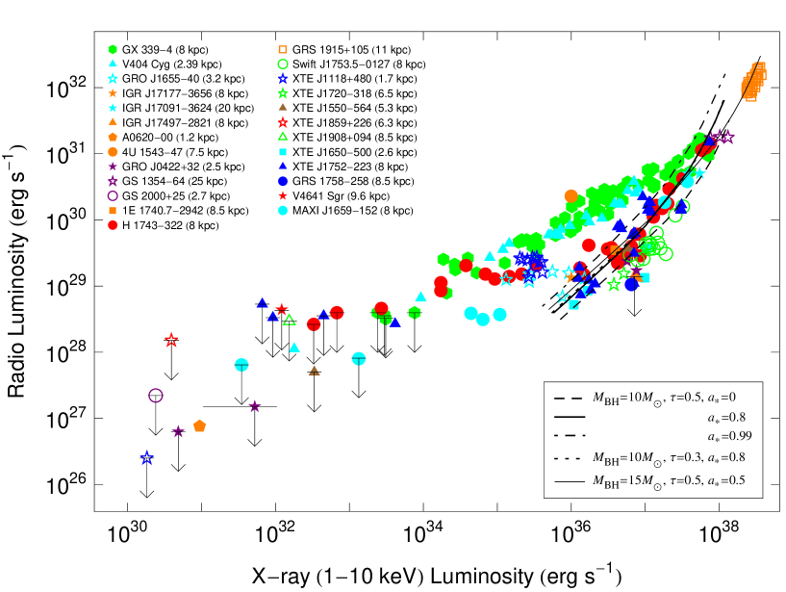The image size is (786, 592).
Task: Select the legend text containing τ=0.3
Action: pos(669,457)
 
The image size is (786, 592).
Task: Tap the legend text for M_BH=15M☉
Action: pos(669,480)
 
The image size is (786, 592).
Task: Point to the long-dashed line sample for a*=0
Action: pos(569,398)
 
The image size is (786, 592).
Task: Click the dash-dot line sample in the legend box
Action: pos(569,436)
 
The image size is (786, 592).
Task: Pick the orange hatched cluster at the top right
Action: pos(753,80)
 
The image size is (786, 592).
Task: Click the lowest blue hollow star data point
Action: pos(146,458)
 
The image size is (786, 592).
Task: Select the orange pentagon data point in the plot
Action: pos(199,425)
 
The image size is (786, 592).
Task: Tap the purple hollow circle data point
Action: pos(156,396)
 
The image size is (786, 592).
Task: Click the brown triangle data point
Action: pos(314,371)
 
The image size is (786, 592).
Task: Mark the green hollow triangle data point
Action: pos(289,320)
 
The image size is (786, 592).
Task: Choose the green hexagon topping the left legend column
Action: pos(113,49)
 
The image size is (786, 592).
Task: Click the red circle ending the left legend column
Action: pos(113,225)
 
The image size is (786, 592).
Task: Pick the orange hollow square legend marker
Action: pos(282,49)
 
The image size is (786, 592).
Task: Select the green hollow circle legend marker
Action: pos(282,64)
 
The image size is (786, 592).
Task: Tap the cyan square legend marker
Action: pos(282,152)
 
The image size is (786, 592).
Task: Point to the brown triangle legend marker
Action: pos(282,107)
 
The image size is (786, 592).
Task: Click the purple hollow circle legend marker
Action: pos(113,195)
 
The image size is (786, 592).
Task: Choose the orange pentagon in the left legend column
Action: pos(113,137)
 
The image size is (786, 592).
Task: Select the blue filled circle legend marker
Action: pos(282,181)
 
